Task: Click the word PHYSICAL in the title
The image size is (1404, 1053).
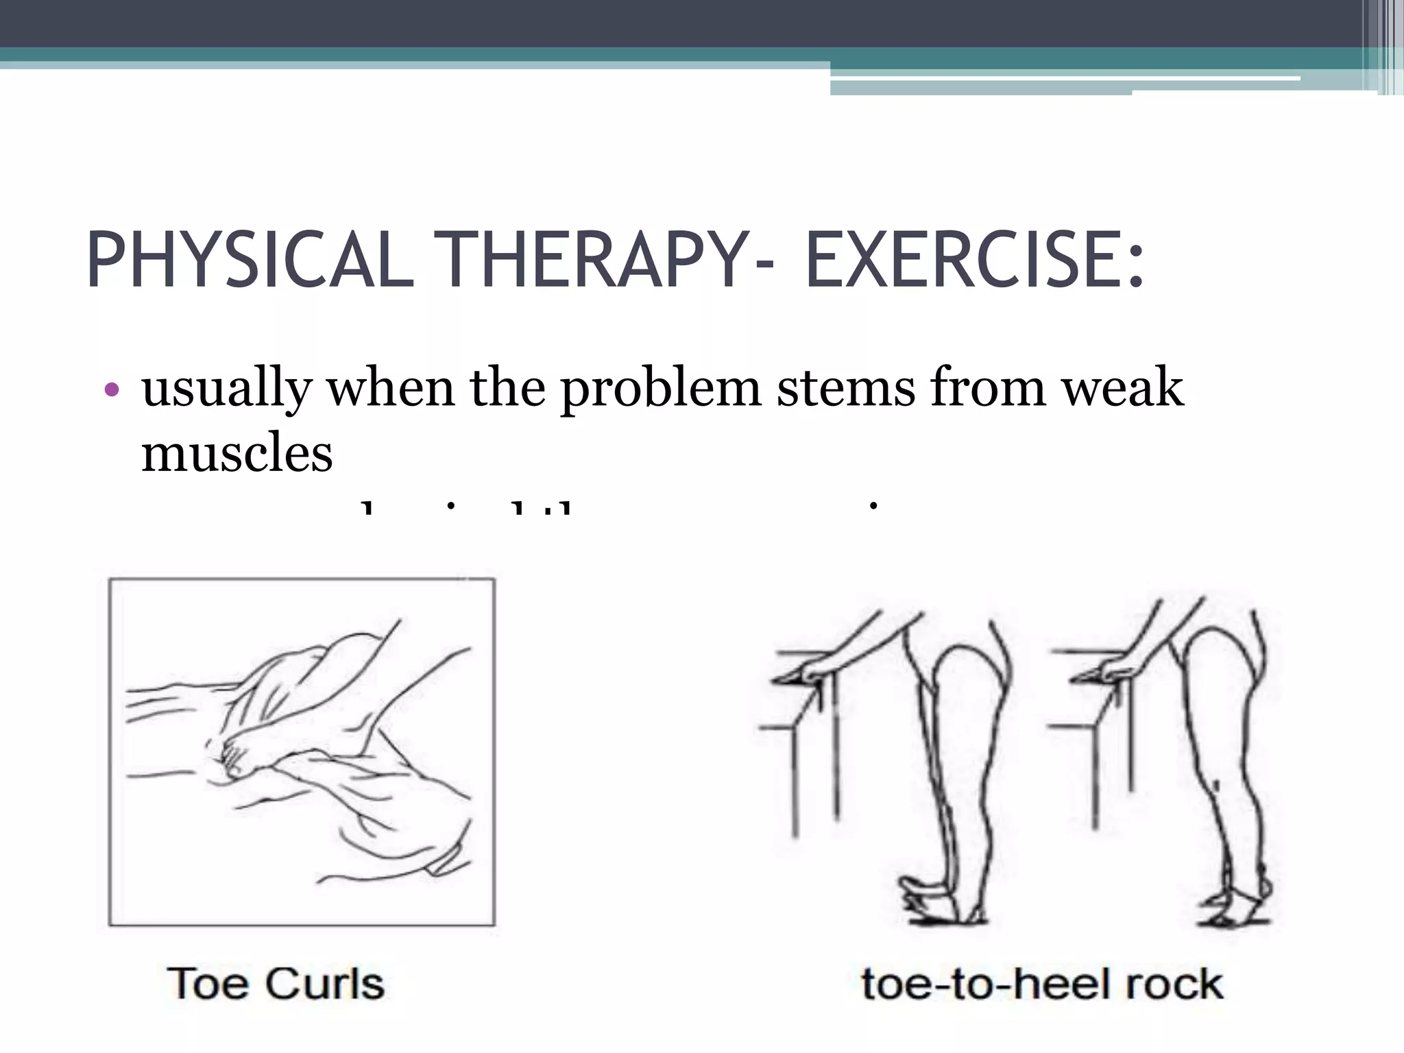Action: point(250,261)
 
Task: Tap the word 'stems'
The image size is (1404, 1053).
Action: point(846,388)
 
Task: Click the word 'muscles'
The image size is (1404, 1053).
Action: point(237,454)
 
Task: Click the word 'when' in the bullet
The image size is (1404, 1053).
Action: point(391,388)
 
